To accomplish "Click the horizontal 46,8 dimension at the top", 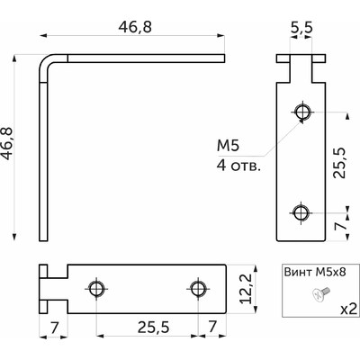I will [x=133, y=27].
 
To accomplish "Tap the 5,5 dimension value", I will [x=301, y=30].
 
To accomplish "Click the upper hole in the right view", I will [x=302, y=112].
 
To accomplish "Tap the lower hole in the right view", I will [x=302, y=213].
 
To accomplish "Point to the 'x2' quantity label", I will [x=341, y=307].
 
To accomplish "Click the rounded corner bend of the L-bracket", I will [x=47, y=63].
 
